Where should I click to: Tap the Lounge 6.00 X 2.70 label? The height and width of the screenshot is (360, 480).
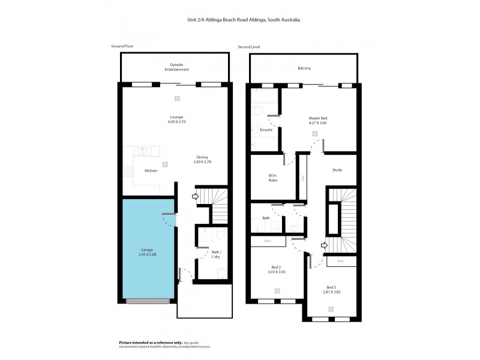(176, 119)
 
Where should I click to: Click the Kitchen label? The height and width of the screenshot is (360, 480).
(151, 171)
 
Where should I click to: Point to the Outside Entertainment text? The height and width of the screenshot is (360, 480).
(176, 67)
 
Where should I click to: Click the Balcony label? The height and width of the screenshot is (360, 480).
(304, 68)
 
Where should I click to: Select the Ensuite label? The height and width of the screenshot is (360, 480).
(266, 130)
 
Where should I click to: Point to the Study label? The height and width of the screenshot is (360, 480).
(337, 170)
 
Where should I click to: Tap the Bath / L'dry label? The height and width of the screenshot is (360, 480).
(217, 254)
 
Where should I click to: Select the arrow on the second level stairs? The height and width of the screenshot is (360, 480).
(324, 245)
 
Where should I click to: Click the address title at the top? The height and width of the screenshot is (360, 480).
(244, 19)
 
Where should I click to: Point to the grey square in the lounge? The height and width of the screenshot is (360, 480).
(177, 98)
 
